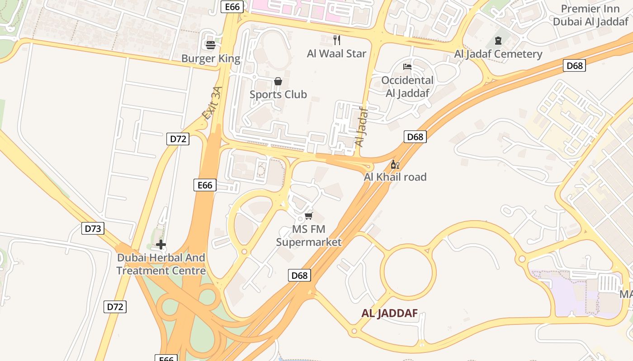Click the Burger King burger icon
(x=211, y=45)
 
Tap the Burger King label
(x=211, y=58)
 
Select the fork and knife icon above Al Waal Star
(x=337, y=40)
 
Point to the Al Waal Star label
(x=336, y=54)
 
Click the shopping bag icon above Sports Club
(x=278, y=81)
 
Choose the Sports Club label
(x=278, y=94)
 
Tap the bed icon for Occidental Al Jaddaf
(x=407, y=67)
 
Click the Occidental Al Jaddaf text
(x=407, y=87)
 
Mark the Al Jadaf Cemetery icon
(x=498, y=41)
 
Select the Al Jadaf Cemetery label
(x=498, y=54)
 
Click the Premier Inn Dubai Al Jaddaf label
(x=590, y=15)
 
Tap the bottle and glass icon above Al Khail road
(x=395, y=164)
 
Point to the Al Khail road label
(x=395, y=177)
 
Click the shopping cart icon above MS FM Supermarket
(x=309, y=216)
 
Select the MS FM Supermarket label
(x=309, y=236)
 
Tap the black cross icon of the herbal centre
(x=161, y=245)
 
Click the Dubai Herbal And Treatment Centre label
(x=161, y=264)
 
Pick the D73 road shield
(x=93, y=228)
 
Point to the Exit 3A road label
(x=213, y=103)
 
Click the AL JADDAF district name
(x=389, y=313)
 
